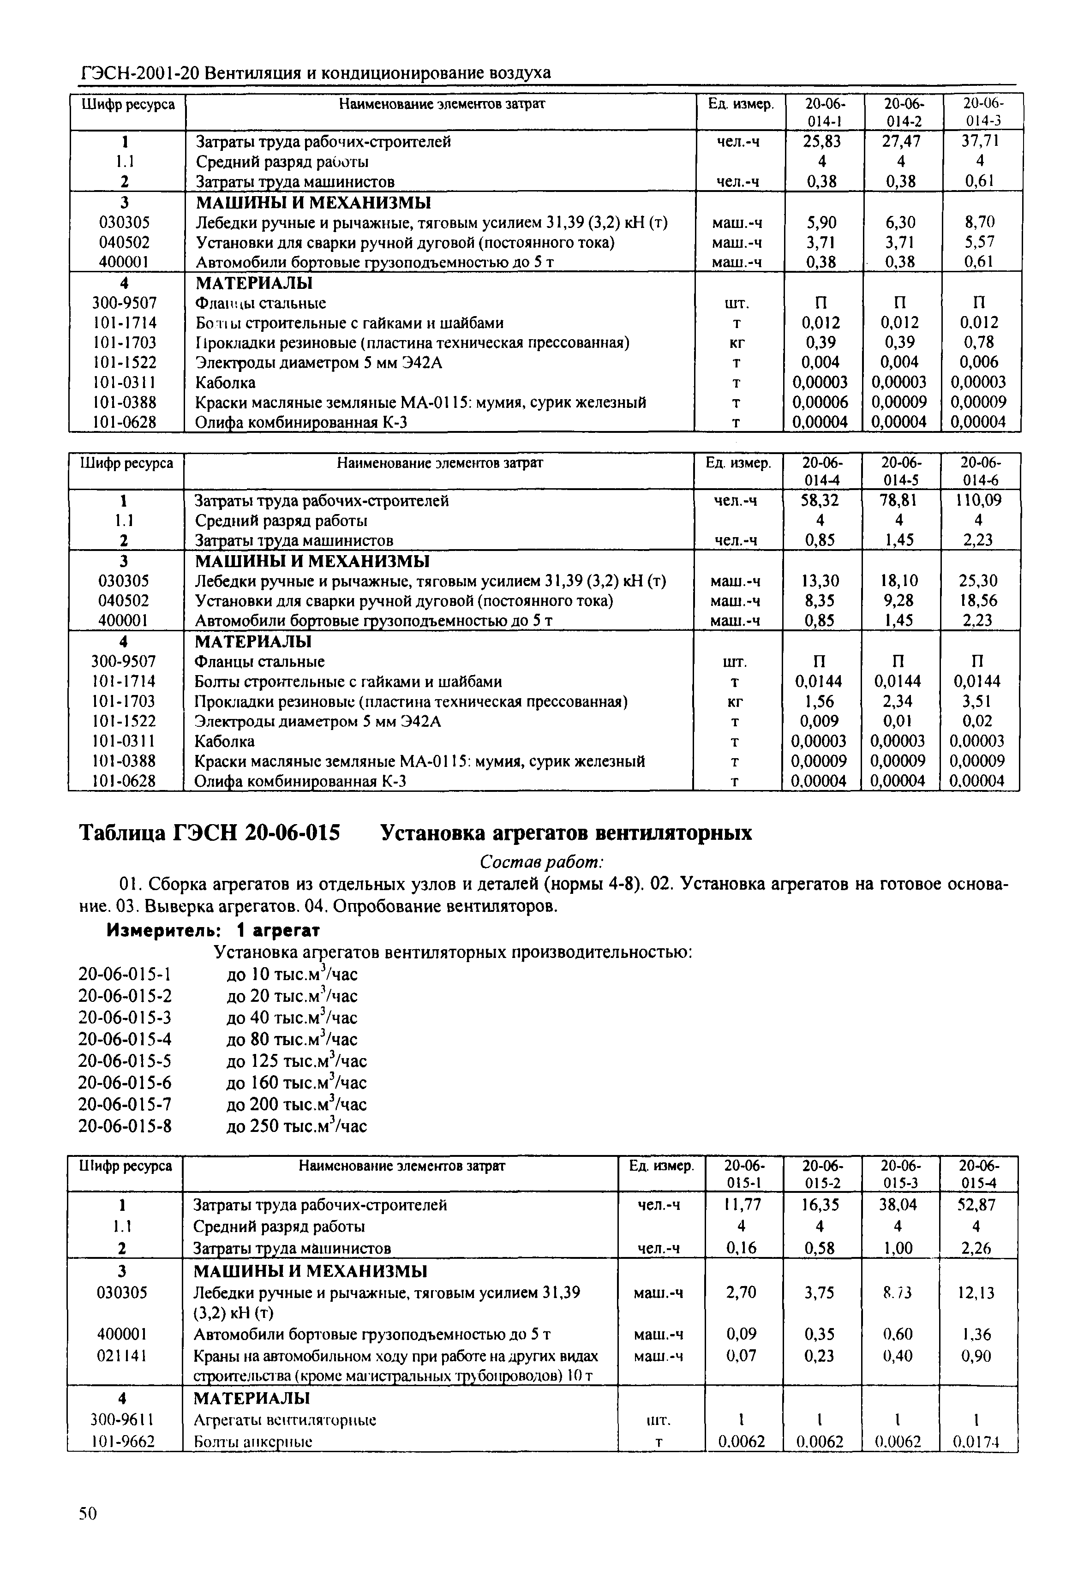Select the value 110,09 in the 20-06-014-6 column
pyautogui.click(x=979, y=501)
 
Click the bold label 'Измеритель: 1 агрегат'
pyautogui.click(x=213, y=931)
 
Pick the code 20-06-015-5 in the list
pyautogui.click(x=125, y=1060)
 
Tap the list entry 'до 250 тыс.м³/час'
pyautogui.click(x=296, y=1125)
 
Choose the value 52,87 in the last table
pyautogui.click(x=977, y=1205)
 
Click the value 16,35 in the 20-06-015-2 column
pyautogui.click(x=821, y=1205)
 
